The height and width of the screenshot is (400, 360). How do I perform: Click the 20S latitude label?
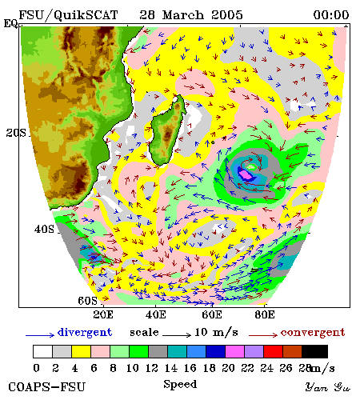pos(16,133)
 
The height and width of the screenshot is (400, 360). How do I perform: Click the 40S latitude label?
pos(44,229)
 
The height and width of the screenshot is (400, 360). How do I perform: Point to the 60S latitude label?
pos(87,301)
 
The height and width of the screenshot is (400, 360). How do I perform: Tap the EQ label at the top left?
pos(10,23)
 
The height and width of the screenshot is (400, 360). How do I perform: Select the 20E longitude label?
pos(103,314)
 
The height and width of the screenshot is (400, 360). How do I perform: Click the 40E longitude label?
pos(156,314)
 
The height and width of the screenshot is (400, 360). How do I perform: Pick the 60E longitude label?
pos(212,314)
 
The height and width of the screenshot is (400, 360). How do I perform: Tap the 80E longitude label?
pos(265,314)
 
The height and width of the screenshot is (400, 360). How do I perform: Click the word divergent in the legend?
pos(85,333)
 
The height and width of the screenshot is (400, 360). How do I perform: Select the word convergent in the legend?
pos(313,333)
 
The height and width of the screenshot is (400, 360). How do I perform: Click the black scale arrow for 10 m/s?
pos(177,334)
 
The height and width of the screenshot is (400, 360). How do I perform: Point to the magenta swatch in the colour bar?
pos(235,351)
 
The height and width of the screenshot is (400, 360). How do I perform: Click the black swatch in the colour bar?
pos(314,351)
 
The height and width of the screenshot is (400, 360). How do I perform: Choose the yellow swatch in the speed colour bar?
pos(81,351)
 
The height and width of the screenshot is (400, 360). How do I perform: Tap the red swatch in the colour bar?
pos(274,351)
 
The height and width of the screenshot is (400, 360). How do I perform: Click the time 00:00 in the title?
pos(331,15)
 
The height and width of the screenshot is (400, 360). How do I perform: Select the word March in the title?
pos(183,15)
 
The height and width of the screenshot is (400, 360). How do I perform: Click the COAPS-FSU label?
pos(47,387)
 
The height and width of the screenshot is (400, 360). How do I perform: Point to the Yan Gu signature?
pos(328,387)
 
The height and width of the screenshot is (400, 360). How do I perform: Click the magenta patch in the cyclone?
pos(246,175)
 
